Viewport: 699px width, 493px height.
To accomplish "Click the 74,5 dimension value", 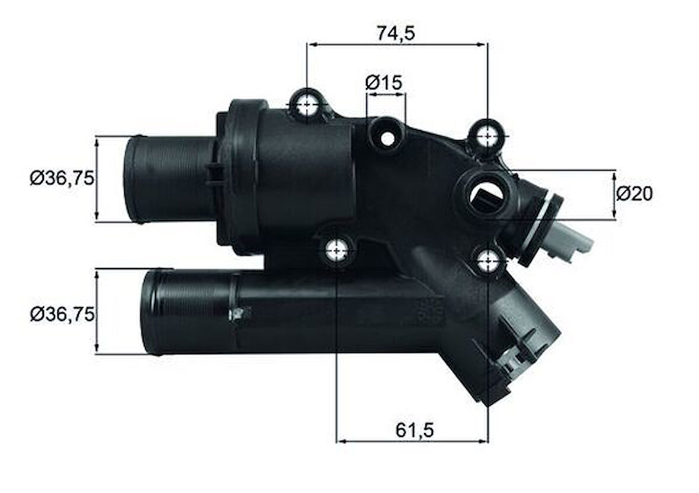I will pyautogui.click(x=396, y=33).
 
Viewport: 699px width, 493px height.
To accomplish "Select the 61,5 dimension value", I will pyautogui.click(x=414, y=430).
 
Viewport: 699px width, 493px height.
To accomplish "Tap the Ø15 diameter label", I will pyautogui.click(x=384, y=82).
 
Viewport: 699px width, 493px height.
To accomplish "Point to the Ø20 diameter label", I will pyautogui.click(x=634, y=194).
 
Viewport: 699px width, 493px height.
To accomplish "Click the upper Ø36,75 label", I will pyautogui.click(x=62, y=178).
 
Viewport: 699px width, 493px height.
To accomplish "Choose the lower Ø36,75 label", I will pyautogui.click(x=62, y=314).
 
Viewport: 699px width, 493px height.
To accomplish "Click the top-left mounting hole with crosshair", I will pyautogui.click(x=306, y=106).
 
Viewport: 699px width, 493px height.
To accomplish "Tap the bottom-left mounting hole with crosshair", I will pyautogui.click(x=336, y=252).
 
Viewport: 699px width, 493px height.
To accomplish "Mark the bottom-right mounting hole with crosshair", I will pyautogui.click(x=488, y=260).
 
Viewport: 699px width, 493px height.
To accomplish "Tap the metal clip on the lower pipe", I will pyautogui.click(x=238, y=314).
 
